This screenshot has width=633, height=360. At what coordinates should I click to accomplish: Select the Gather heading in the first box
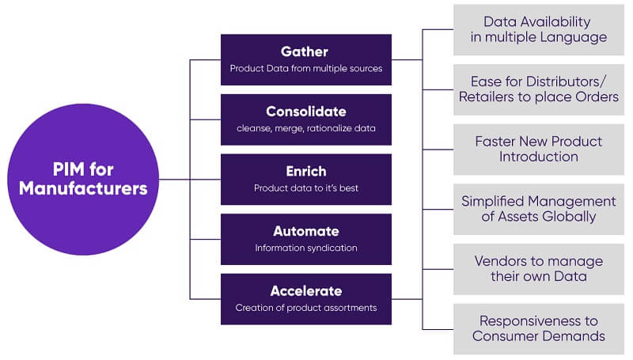click(x=305, y=51)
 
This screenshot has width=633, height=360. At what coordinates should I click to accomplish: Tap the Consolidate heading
click(x=305, y=112)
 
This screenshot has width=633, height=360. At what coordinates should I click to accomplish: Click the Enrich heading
click(x=305, y=172)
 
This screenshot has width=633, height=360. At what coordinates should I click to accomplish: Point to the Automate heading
click(x=305, y=231)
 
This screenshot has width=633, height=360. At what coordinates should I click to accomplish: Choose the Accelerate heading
click(x=305, y=290)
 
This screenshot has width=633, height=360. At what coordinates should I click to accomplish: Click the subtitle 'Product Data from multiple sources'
click(x=305, y=69)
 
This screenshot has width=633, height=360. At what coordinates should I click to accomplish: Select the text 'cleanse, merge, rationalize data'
click(x=305, y=128)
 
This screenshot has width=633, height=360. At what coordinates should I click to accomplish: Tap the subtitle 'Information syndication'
click(x=305, y=248)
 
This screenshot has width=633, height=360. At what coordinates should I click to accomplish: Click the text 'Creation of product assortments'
click(x=305, y=307)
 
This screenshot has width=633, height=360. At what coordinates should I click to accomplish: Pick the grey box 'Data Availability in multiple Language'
click(x=538, y=30)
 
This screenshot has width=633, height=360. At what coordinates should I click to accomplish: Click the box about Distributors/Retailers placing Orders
click(x=538, y=89)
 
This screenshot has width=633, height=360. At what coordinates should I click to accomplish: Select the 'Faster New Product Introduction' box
click(x=538, y=149)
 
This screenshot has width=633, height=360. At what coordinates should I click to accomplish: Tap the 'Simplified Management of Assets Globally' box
click(x=538, y=209)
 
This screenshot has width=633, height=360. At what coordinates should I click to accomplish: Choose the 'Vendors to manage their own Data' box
click(x=538, y=269)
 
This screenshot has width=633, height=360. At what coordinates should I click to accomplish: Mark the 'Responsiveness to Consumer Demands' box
click(x=538, y=328)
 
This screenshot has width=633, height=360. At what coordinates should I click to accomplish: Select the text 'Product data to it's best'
click(x=305, y=188)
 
